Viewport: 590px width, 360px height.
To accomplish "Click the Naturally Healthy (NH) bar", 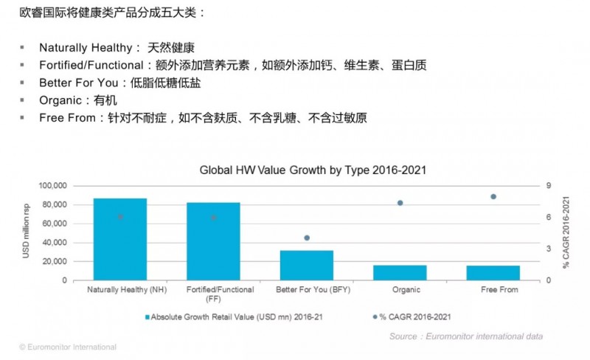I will click(x=119, y=239).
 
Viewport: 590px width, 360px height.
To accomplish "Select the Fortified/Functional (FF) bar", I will click(x=213, y=241).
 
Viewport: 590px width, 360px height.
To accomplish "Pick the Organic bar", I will click(x=400, y=272).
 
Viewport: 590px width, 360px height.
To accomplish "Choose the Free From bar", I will click(x=493, y=272).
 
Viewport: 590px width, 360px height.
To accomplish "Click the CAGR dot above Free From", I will click(x=493, y=196).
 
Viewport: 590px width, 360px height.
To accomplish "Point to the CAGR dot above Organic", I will click(x=400, y=203).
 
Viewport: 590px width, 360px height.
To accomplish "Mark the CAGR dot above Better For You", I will click(x=307, y=238).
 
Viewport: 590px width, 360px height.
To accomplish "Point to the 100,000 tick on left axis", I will click(x=51, y=185).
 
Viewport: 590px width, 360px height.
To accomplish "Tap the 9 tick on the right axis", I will click(x=548, y=185).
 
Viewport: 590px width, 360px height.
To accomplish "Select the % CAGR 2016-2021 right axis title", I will click(x=566, y=232).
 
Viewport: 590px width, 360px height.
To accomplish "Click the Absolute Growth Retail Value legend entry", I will click(x=238, y=316).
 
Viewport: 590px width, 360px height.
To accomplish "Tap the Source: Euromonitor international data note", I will click(x=466, y=336).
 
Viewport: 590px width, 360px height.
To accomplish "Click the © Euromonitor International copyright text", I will click(x=68, y=347).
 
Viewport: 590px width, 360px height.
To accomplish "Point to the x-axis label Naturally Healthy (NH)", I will click(x=127, y=290).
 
